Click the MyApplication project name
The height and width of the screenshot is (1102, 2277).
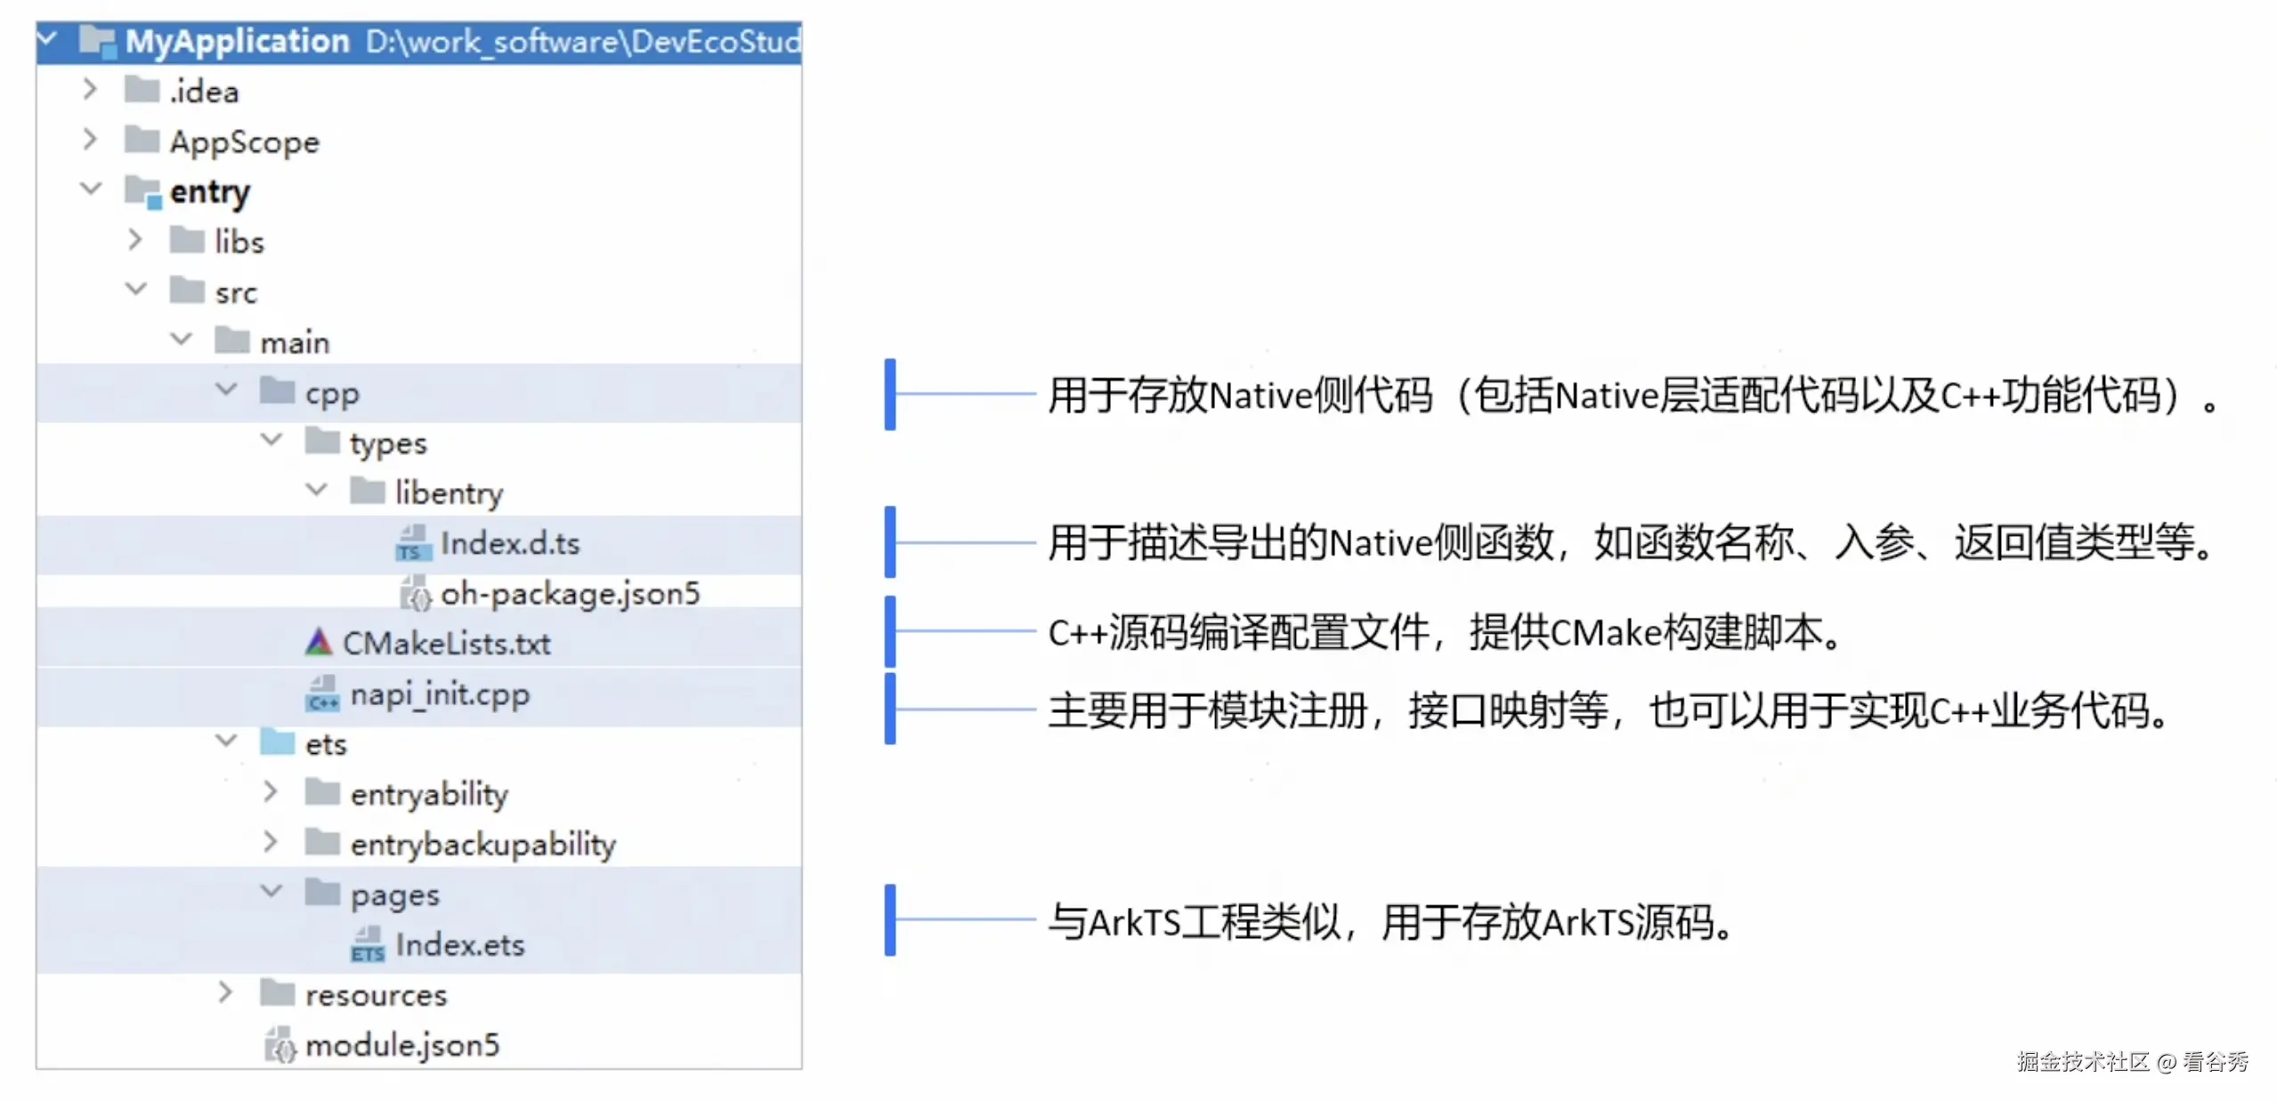click(x=237, y=41)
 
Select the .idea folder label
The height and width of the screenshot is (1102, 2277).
click(x=205, y=91)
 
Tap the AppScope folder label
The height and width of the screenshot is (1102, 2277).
click(x=245, y=142)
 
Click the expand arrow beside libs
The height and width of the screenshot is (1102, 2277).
click(x=134, y=239)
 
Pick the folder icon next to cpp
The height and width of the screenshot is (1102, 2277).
click(x=277, y=390)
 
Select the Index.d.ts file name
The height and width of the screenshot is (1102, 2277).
click(x=510, y=543)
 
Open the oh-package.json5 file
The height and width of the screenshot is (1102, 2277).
click(x=571, y=593)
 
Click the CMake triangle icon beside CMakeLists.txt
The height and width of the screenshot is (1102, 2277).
click(x=318, y=642)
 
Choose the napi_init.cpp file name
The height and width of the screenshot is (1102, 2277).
click(x=440, y=693)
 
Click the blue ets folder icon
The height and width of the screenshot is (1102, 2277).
click(x=277, y=741)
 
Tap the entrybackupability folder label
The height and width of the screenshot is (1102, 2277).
click(x=483, y=844)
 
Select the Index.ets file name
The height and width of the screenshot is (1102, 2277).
click(x=460, y=944)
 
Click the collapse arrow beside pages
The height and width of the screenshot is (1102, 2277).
click(x=271, y=890)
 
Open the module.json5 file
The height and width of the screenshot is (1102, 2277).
click(x=402, y=1044)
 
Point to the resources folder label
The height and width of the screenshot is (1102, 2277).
click(x=377, y=994)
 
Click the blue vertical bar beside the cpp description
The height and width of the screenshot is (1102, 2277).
click(x=889, y=394)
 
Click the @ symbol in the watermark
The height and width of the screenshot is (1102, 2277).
click(x=2167, y=1062)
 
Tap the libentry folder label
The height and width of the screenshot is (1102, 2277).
click(x=450, y=492)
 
